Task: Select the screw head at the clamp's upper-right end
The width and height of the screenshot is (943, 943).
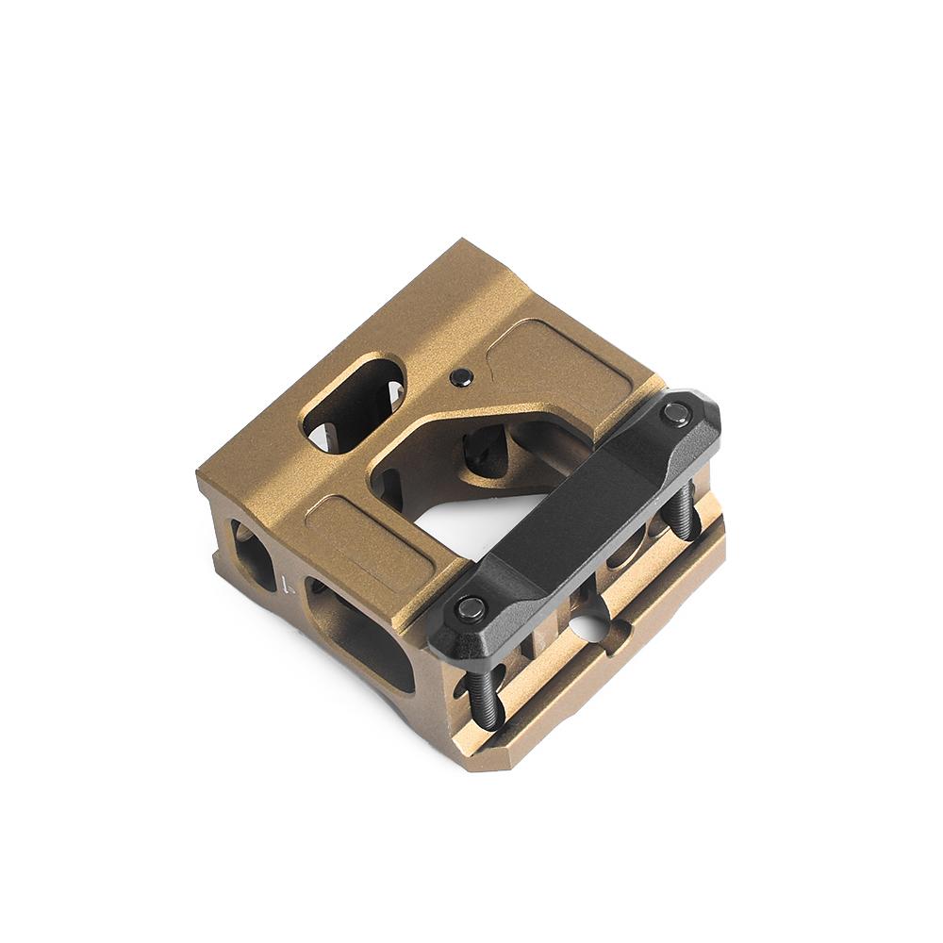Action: [x=675, y=412]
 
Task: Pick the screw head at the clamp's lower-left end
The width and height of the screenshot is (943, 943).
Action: [x=471, y=608]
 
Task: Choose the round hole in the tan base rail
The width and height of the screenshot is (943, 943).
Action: [x=588, y=624]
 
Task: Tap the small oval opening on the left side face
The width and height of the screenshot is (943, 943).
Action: [x=253, y=555]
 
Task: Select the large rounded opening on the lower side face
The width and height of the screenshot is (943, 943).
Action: [x=363, y=641]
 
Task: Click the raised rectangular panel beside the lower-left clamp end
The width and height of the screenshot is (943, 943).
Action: [x=368, y=543]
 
